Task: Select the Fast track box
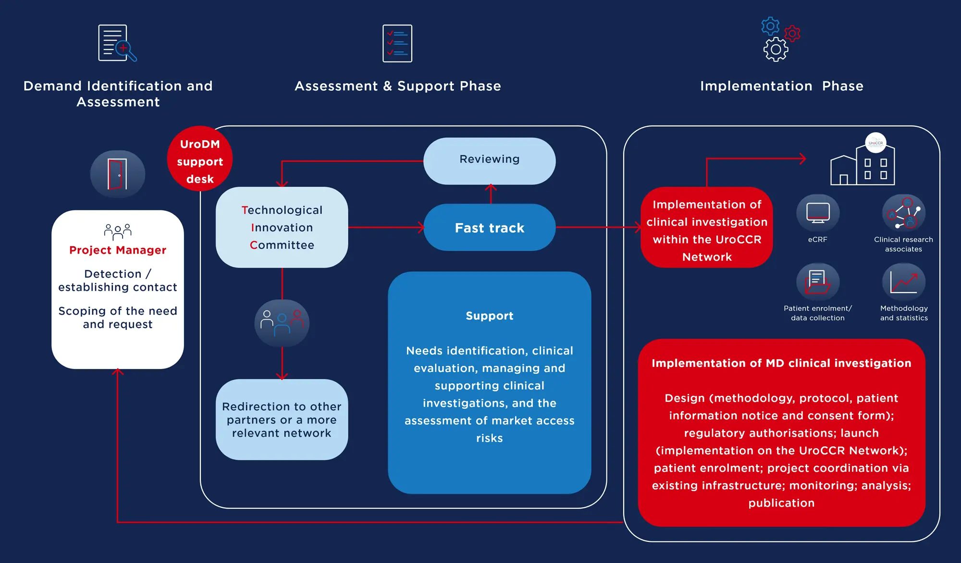[x=489, y=228]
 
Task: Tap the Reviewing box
[x=489, y=159]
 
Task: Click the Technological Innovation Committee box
[x=282, y=227]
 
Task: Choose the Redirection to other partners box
[x=282, y=419]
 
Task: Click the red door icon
[x=118, y=174]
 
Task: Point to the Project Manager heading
[x=118, y=250]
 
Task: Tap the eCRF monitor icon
[x=818, y=213]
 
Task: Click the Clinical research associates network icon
[x=903, y=213]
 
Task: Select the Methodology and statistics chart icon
[x=903, y=282]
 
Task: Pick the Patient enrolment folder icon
[x=818, y=282]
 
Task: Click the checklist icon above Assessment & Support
[x=397, y=43]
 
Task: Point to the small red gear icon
[x=792, y=33]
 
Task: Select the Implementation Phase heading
[x=781, y=86]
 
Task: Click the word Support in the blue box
[x=489, y=316]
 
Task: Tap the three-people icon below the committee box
[x=282, y=323]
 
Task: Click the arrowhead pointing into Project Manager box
[x=118, y=372]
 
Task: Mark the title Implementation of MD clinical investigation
[x=781, y=363]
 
